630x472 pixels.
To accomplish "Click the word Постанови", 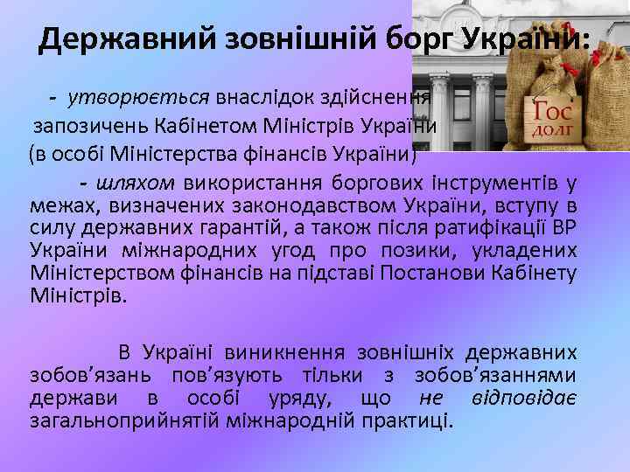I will [460, 274].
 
